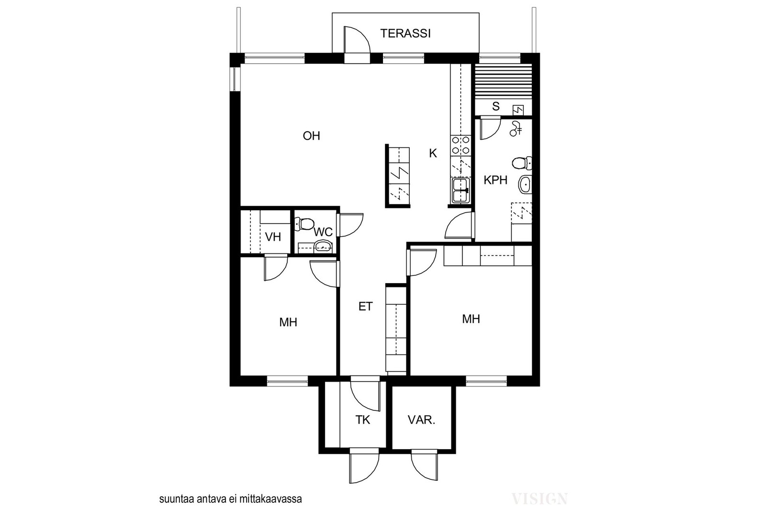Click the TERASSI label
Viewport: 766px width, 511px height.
405,34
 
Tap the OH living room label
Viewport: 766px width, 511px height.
311,136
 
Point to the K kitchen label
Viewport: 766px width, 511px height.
433,154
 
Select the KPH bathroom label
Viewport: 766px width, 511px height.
495,180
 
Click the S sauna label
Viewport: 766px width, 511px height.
496,106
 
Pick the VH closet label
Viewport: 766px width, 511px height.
273,237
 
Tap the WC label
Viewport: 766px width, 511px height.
323,232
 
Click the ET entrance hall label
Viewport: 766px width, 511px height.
365,307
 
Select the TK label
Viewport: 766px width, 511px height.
362,420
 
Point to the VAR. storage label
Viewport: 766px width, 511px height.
421,420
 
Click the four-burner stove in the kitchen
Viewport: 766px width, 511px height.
461,146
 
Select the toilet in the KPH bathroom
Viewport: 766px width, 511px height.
522,163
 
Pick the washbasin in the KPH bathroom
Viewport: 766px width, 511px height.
525,184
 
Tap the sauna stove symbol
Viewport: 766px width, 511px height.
518,110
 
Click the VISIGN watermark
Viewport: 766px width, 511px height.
540,499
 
